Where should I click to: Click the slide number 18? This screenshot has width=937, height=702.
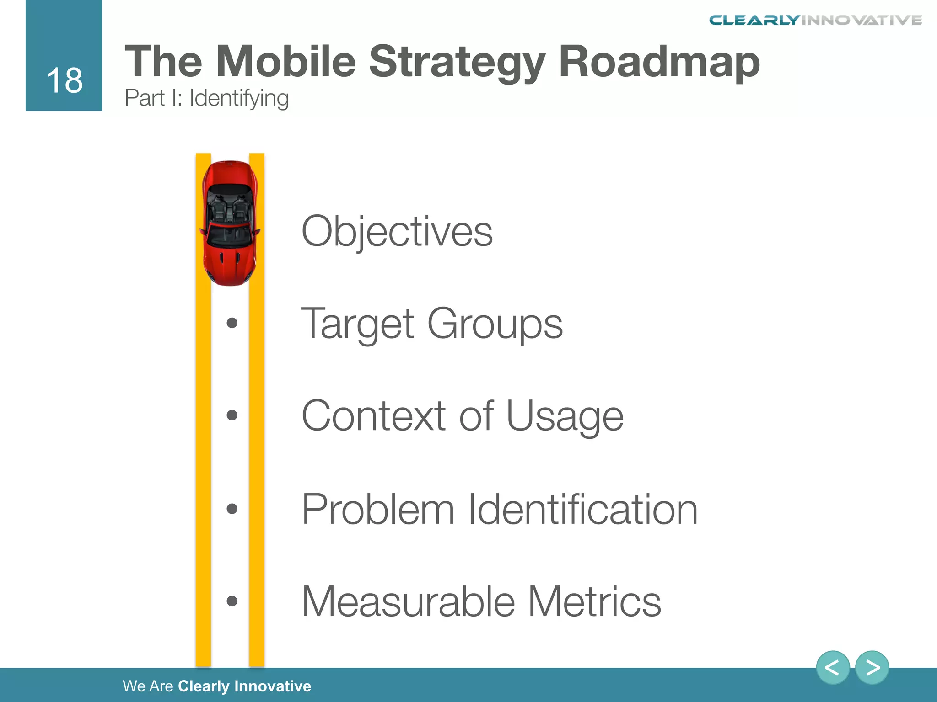65,81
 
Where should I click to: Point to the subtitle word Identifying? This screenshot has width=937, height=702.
239,98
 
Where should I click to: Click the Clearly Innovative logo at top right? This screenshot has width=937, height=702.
815,20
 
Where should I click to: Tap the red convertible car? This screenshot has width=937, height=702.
230,223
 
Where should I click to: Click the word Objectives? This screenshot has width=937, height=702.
397,232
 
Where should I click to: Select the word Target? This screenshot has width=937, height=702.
357,324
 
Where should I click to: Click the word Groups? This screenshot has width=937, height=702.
495,324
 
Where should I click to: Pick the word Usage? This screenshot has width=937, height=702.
565,416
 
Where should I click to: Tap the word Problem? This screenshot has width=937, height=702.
378,509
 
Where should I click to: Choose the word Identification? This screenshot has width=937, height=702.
582,509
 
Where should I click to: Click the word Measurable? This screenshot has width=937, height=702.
408,601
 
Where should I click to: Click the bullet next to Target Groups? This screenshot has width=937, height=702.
232,323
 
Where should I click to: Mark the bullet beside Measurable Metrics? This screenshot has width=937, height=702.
232,601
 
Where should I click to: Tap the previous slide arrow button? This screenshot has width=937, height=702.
832,668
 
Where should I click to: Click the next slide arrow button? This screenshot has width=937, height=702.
872,668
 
